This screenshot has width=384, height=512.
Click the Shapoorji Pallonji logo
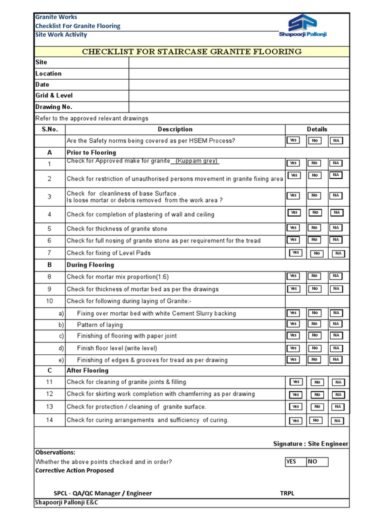302,26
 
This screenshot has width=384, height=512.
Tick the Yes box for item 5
293,228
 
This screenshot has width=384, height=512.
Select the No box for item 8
314,276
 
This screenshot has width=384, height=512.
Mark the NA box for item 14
337,421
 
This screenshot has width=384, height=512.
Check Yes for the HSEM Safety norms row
293,140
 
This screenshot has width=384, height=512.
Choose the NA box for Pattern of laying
336,324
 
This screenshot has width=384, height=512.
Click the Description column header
175,129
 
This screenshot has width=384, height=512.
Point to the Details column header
317,129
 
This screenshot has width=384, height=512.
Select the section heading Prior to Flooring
91,152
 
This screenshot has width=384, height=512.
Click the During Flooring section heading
90,265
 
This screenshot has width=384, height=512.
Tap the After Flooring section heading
87,370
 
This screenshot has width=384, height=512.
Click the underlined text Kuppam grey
196,161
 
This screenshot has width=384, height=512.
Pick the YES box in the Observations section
295,461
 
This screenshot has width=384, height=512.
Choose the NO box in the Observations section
317,461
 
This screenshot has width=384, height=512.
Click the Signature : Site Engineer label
310,443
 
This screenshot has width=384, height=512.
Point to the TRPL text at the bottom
287,493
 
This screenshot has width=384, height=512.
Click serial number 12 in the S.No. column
49,394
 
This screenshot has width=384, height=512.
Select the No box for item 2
314,175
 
